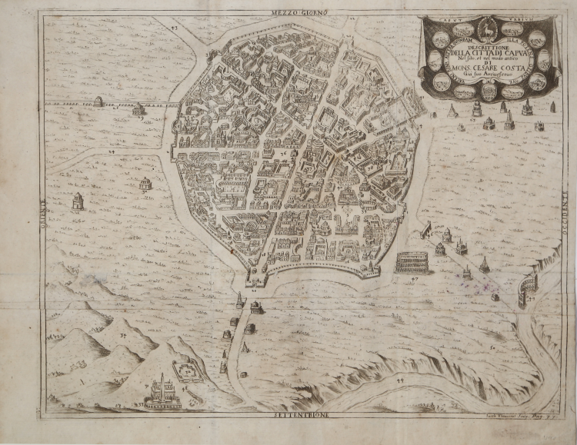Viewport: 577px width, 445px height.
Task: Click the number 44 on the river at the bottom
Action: click(399, 380)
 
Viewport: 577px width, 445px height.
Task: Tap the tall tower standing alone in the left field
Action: click(78, 202)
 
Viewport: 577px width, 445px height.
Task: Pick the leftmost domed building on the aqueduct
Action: click(98, 101)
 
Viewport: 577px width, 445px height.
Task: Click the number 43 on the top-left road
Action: click(174, 28)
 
